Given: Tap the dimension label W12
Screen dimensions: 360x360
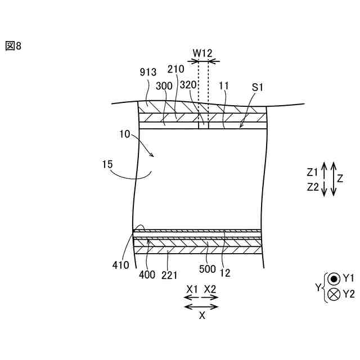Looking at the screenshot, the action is [x=202, y=52].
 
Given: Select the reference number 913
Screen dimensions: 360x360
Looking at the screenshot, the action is [x=148, y=73].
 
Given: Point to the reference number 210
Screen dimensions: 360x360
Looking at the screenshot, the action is [x=176, y=69].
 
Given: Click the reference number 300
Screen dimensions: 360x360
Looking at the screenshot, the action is [x=165, y=86].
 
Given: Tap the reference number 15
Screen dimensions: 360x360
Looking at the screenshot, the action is [x=107, y=165].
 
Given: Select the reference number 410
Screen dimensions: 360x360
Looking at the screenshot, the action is [x=120, y=264].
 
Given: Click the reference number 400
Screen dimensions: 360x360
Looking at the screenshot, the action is [x=147, y=275].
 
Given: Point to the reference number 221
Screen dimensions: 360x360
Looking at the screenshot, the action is [x=169, y=275].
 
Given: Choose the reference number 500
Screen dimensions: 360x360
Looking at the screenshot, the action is [x=207, y=268].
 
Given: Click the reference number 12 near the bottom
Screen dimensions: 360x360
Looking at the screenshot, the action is [x=226, y=273].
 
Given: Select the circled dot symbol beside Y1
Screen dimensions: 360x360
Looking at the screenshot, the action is [x=334, y=278].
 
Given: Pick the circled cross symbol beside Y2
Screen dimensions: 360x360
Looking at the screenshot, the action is [x=334, y=293].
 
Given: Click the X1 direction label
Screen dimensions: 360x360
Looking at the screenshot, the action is [x=192, y=289].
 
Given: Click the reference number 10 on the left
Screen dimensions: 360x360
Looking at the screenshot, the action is [x=124, y=136].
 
